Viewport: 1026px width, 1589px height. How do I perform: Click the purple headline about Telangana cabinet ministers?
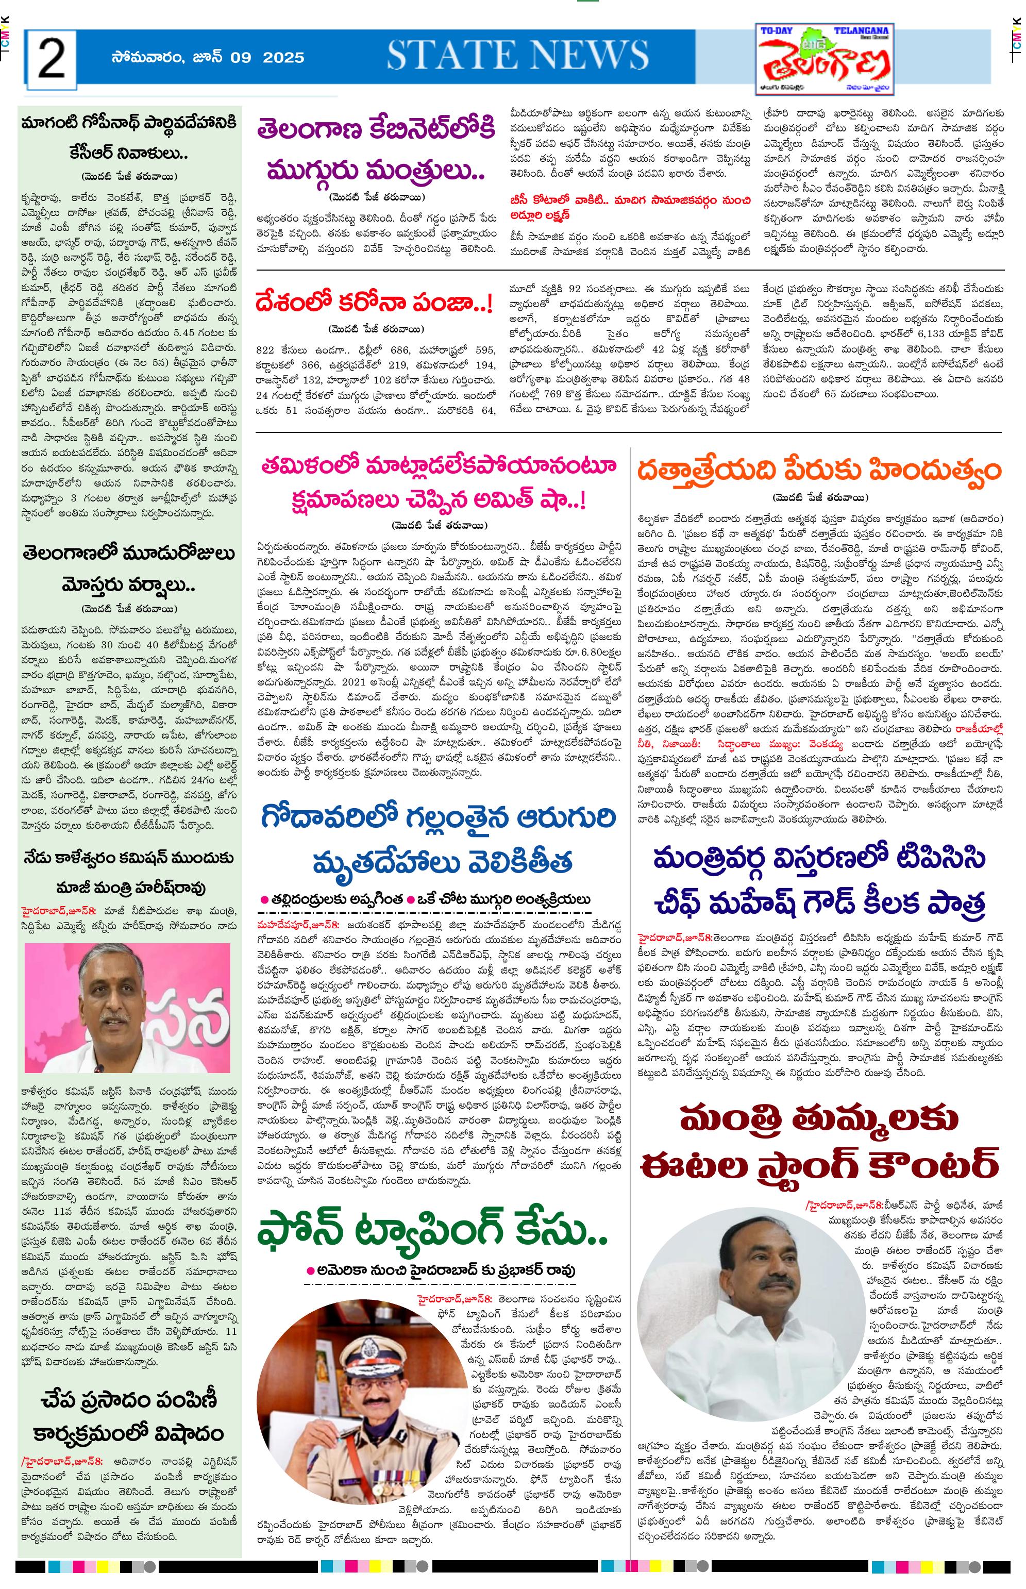[x=376, y=150]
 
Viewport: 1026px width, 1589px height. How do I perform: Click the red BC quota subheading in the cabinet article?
[x=630, y=207]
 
